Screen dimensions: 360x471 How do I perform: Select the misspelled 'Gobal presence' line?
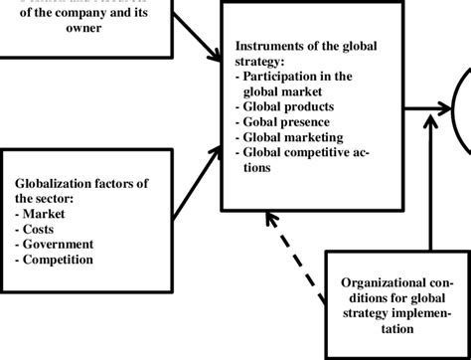pyautogui.click(x=287, y=121)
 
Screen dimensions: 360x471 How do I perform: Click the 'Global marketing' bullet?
pyautogui.click(x=290, y=136)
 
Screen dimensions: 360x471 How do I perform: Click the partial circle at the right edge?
pyautogui.click(x=463, y=109)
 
